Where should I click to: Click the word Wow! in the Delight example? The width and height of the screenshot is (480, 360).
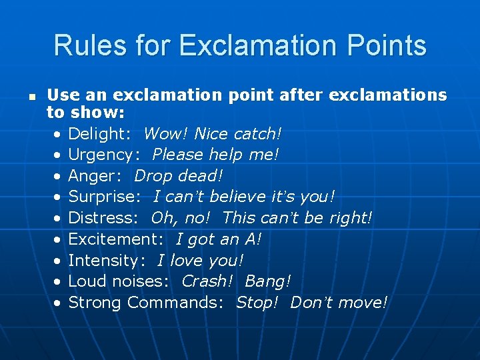tap(166, 134)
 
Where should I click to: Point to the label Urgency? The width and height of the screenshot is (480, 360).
tap(105, 155)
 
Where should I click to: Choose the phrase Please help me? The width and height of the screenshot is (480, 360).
tap(215, 155)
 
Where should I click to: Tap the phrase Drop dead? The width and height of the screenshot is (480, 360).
tap(179, 176)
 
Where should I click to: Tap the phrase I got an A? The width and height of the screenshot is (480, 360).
tap(219, 239)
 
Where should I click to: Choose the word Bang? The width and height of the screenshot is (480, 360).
tap(268, 281)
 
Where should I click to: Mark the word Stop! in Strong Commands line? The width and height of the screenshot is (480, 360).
tap(257, 303)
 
